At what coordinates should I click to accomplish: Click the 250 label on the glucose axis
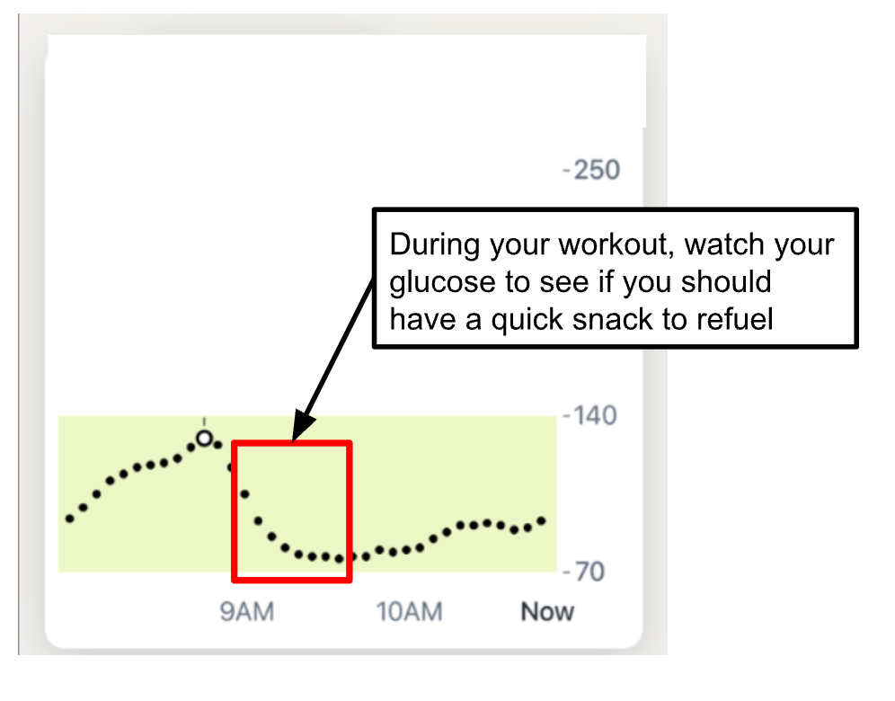(x=597, y=170)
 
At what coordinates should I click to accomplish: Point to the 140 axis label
(x=596, y=415)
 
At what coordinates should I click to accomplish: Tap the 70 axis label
(x=589, y=572)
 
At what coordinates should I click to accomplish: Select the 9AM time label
(x=247, y=611)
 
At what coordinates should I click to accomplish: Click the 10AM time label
(x=409, y=611)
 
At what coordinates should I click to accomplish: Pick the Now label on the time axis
(x=547, y=611)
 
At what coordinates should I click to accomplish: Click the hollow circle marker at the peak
(x=204, y=439)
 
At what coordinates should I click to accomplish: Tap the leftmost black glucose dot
(x=69, y=519)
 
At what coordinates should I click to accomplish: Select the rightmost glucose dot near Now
(x=542, y=520)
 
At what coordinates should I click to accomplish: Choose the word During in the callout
(x=435, y=245)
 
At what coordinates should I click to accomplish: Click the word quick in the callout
(x=527, y=321)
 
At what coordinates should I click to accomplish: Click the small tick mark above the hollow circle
(x=204, y=421)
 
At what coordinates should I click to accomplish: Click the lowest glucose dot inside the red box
(x=340, y=559)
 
